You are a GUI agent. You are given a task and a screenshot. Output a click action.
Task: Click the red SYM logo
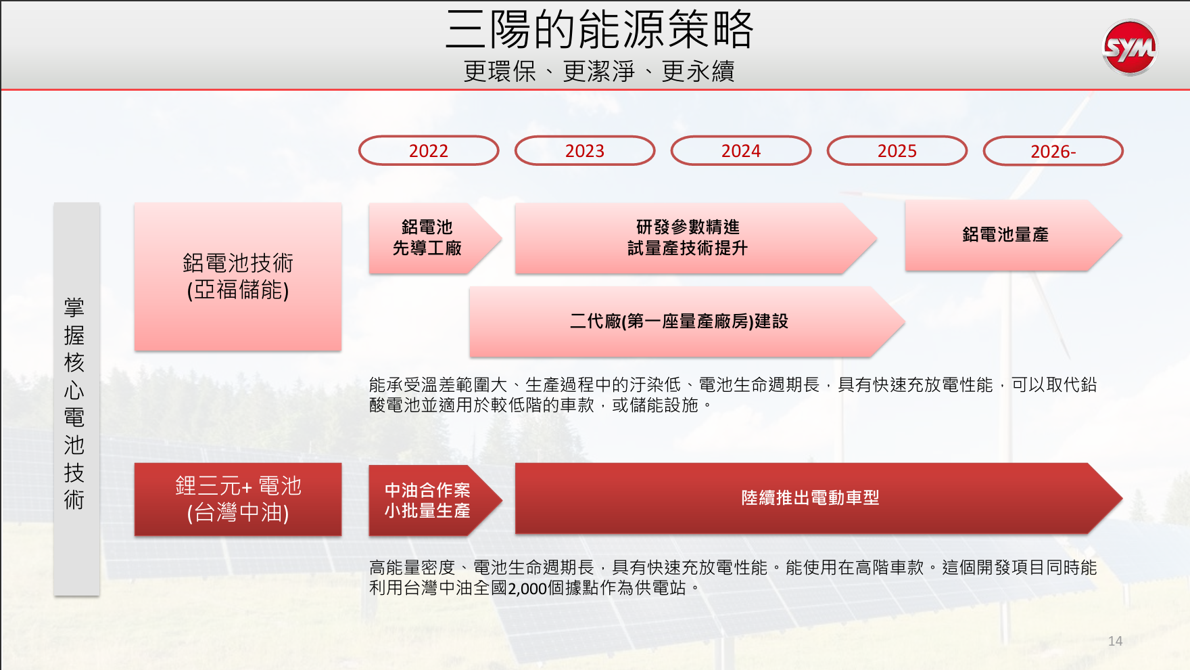pyautogui.click(x=1130, y=47)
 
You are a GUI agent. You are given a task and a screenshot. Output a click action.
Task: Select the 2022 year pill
pyautogui.click(x=429, y=150)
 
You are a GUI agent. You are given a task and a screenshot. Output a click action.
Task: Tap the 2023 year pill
pyautogui.click(x=585, y=150)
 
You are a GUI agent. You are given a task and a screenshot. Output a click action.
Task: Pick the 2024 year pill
pyautogui.click(x=741, y=150)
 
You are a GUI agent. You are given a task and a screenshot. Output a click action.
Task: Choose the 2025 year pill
pyautogui.click(x=897, y=150)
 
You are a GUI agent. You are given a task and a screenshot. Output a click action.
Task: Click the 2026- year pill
pyautogui.click(x=1053, y=151)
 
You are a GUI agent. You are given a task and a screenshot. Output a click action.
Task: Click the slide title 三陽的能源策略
pyautogui.click(x=600, y=29)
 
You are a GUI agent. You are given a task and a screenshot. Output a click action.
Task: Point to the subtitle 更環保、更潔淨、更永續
pyautogui.click(x=599, y=71)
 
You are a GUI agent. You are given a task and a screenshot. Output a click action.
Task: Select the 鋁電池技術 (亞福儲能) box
pyautogui.click(x=238, y=276)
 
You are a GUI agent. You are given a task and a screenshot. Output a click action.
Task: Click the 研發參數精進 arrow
pyautogui.click(x=695, y=238)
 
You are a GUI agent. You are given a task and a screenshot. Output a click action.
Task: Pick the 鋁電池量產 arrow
pyautogui.click(x=1013, y=236)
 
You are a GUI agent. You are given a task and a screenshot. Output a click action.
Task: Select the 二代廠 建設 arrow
pyautogui.click(x=687, y=321)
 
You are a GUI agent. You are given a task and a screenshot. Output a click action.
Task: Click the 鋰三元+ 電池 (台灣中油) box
pyautogui.click(x=238, y=499)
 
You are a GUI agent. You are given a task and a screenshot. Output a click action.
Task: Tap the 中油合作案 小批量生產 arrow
pyautogui.click(x=435, y=500)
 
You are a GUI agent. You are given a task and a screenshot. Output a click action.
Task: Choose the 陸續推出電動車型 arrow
pyautogui.click(x=818, y=499)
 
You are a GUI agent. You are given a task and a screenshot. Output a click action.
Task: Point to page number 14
pyautogui.click(x=1116, y=641)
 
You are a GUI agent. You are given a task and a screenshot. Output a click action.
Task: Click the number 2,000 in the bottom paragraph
pyautogui.click(x=527, y=588)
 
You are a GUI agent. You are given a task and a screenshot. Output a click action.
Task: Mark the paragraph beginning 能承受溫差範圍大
pyautogui.click(x=733, y=395)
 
